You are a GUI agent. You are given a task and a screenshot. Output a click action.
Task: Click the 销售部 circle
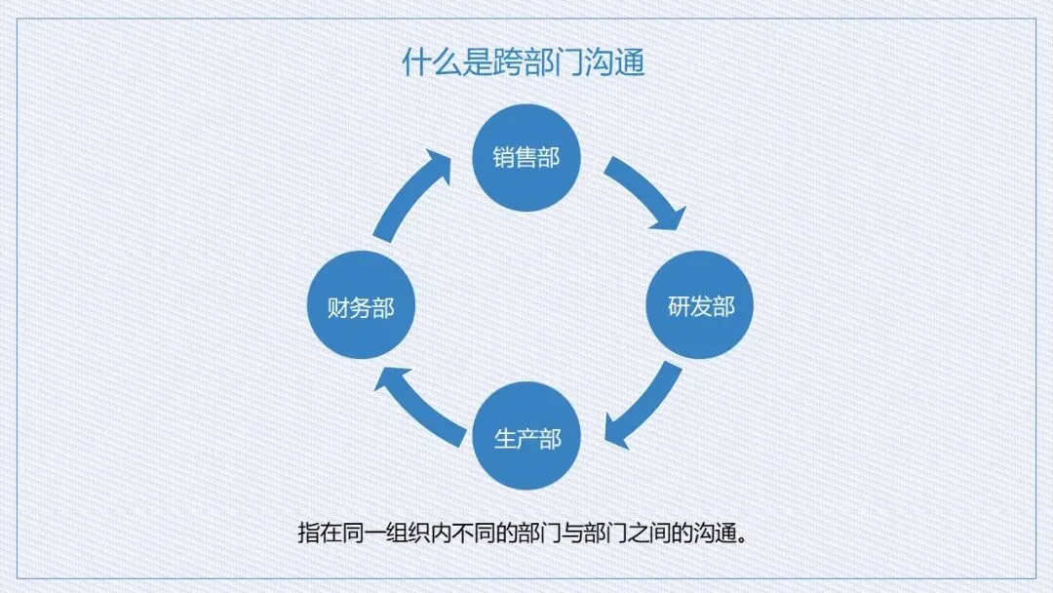(526, 158)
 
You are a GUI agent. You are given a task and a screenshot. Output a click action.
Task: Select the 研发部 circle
(701, 306)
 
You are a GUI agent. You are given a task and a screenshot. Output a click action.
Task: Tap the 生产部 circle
(526, 436)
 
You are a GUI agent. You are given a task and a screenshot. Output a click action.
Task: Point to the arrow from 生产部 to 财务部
(419, 404)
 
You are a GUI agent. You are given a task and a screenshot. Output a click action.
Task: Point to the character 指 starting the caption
(309, 534)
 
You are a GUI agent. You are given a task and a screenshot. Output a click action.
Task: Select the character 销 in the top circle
(503, 158)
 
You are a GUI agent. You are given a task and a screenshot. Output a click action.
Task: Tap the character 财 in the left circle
(337, 308)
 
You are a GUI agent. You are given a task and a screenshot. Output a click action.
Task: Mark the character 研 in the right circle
(679, 306)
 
